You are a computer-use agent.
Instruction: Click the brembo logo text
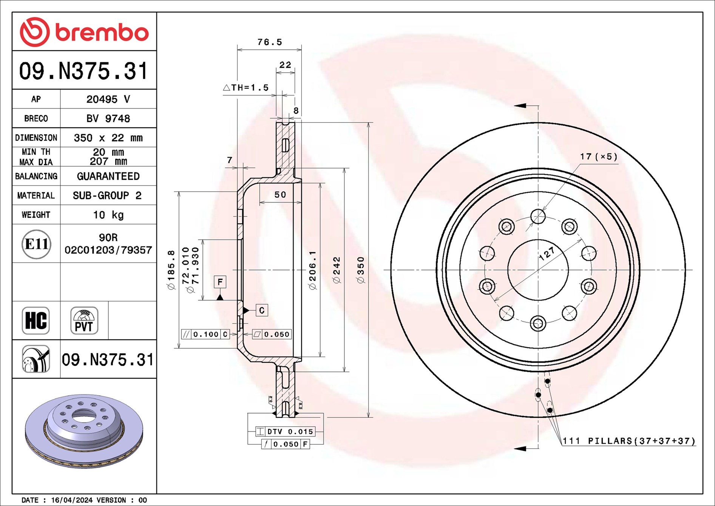pos(102,32)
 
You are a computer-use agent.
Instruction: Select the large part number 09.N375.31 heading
pos(83,71)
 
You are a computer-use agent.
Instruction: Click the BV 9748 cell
pos(108,119)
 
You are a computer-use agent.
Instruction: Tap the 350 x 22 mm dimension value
pos(108,138)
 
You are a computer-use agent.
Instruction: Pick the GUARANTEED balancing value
pos(108,176)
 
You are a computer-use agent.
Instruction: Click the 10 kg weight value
pos(108,215)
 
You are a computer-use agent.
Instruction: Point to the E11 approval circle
pos(36,244)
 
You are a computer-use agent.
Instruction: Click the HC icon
pos(36,320)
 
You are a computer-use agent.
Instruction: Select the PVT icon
pos(84,320)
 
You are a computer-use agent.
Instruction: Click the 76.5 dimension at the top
pos(269,42)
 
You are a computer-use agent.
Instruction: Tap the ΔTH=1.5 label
pos(246,88)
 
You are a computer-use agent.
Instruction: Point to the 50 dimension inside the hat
pos(280,195)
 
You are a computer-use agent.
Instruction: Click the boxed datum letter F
pos(220,282)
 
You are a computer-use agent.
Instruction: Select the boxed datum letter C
pos(262,310)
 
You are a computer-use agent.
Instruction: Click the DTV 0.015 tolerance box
pos(286,432)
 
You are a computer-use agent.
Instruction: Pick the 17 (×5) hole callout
pos(598,156)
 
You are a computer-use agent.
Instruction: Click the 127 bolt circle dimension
pos(547,254)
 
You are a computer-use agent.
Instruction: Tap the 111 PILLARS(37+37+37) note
pos(629,441)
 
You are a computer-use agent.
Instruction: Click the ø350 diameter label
pos(361,270)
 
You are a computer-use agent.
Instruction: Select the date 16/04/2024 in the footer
pos(72,500)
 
